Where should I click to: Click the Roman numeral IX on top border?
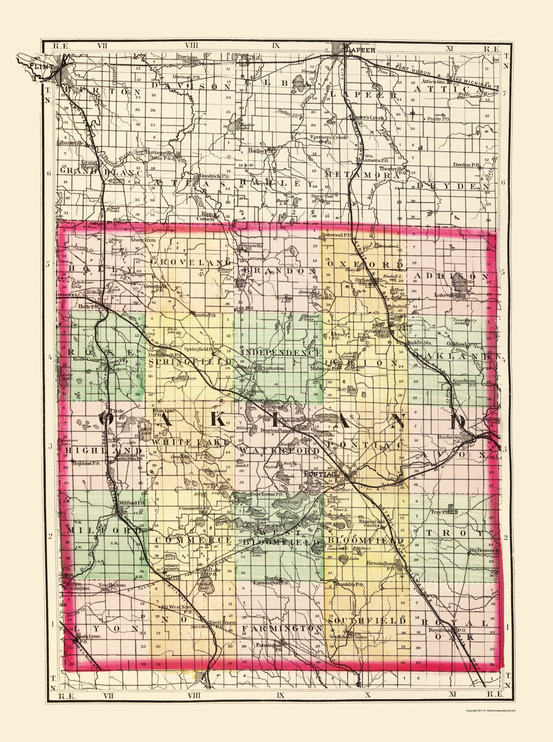(x=276, y=45)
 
